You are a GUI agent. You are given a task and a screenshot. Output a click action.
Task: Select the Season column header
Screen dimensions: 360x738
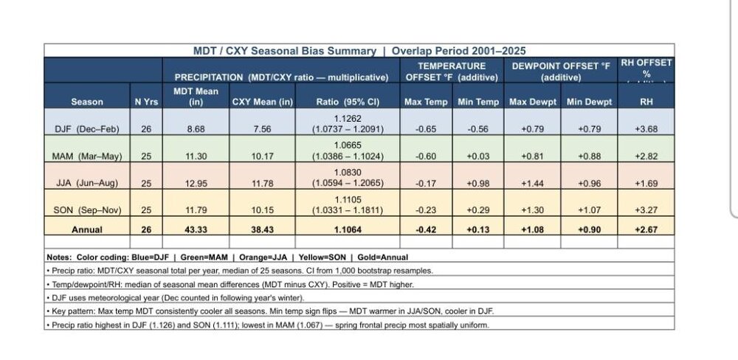87,102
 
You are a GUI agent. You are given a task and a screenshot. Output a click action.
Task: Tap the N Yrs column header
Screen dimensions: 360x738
146,102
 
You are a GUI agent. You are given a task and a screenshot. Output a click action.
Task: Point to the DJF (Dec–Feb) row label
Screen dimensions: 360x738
87,128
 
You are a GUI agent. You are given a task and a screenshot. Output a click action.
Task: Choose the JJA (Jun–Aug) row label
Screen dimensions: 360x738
87,183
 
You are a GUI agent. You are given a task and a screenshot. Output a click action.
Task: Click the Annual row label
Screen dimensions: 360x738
87,229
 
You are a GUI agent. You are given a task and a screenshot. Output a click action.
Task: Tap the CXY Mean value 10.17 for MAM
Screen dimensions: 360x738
262,156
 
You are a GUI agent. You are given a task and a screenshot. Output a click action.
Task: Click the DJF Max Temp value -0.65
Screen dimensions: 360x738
426,128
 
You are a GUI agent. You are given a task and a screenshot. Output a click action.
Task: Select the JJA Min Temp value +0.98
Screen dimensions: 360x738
477,183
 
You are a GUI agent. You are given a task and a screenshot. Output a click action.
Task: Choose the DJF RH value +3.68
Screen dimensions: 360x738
646,128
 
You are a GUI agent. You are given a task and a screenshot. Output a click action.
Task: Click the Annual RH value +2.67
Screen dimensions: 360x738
646,229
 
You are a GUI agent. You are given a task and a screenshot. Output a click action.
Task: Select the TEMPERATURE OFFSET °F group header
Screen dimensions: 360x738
452,72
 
